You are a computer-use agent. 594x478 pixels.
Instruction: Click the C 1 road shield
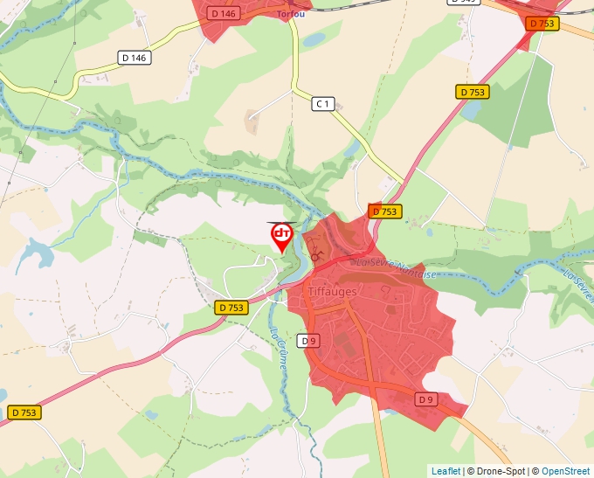323,104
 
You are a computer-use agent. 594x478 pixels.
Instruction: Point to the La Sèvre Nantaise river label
393,267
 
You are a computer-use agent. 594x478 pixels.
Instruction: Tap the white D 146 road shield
135,58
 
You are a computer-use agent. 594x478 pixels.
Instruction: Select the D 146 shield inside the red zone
224,13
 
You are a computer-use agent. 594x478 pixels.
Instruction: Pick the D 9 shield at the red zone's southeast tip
425,399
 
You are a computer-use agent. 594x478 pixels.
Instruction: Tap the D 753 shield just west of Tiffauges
231,308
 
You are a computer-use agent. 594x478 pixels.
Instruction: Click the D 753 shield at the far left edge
25,412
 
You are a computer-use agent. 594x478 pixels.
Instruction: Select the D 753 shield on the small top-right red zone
542,24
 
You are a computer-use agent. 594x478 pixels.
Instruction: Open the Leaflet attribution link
445,471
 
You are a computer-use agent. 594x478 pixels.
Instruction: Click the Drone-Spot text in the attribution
496,471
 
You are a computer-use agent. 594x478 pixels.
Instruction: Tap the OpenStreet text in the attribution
565,471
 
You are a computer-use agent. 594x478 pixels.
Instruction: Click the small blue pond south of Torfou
314,39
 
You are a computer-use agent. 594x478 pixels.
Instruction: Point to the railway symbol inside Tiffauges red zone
315,258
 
